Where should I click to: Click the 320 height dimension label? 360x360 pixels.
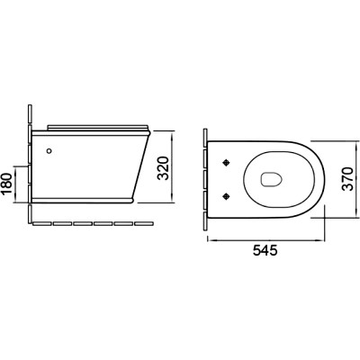[164, 168]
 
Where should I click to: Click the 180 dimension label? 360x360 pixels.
[6, 184]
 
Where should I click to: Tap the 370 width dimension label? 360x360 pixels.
[347, 179]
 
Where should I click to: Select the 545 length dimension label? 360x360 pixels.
[265, 249]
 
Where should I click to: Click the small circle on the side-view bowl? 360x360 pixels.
[49, 151]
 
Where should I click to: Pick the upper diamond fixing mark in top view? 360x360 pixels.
[226, 162]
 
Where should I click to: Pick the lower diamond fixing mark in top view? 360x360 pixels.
[226, 196]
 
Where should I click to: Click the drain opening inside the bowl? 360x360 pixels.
[272, 179]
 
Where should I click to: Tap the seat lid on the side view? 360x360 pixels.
[98, 128]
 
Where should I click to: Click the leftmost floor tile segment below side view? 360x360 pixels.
[42, 223]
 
